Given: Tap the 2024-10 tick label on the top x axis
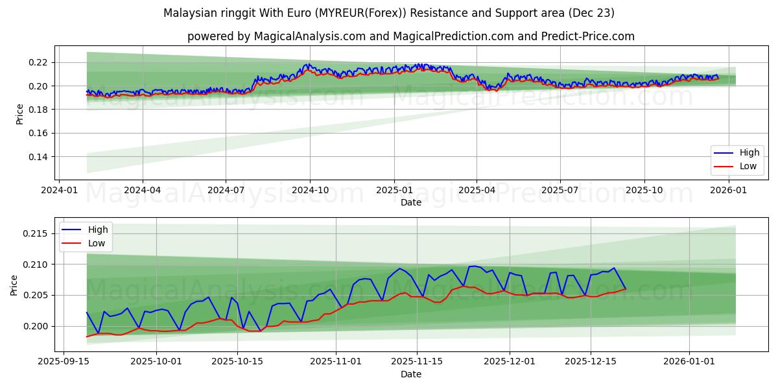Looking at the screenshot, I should pos(309,190).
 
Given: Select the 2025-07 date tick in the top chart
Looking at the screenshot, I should pos(560,190).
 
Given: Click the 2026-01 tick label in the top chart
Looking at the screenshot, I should pos(729,190).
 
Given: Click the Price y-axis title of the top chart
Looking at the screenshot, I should pos(19,113).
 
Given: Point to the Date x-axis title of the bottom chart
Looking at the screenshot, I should pos(411,374).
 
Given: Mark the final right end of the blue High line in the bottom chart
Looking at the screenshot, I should pos(625,289).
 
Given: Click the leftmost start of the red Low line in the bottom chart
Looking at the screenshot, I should pos(87,336).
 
